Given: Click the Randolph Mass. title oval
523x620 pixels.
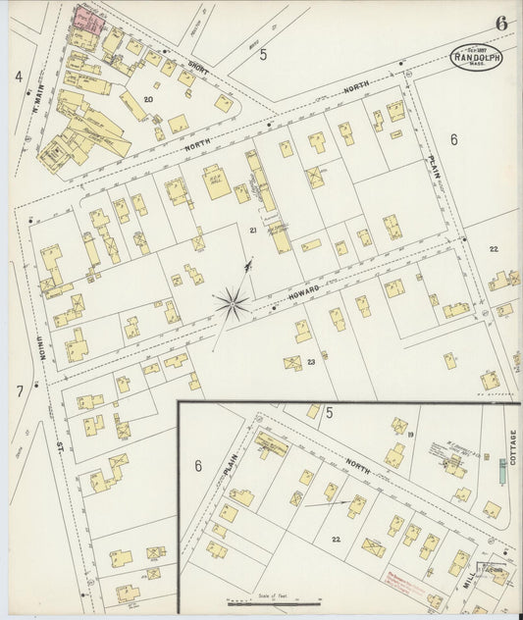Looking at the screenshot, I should [x=476, y=56].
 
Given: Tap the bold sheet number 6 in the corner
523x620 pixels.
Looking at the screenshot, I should [x=501, y=23].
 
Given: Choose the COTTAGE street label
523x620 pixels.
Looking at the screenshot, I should [x=512, y=445].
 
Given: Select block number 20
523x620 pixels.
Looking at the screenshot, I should [x=148, y=99].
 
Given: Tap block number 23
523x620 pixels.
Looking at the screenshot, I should [x=310, y=362].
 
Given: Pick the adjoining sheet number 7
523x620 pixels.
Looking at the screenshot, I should [x=19, y=390].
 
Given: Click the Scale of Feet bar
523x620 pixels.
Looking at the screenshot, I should [x=275, y=600].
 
